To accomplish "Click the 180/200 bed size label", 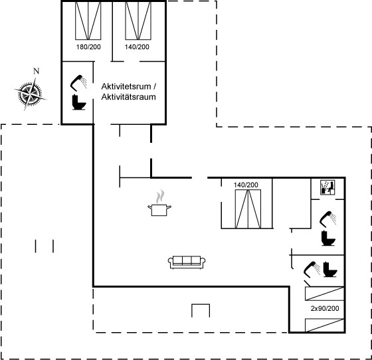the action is click(x=88, y=46).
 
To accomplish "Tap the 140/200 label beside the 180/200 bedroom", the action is click(x=137, y=46).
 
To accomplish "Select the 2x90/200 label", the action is click(x=325, y=308).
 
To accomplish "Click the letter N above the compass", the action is click(x=36, y=71).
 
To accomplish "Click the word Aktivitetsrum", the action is click(x=126, y=86).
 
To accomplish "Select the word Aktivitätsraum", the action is click(x=128, y=97).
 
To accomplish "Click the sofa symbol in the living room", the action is click(x=187, y=262).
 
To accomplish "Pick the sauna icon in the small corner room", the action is click(x=327, y=187).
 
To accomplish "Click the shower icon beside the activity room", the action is click(x=78, y=83).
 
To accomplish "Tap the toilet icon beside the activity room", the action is click(x=79, y=102).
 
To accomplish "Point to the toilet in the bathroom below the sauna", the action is click(x=329, y=238).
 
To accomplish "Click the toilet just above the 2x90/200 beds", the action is click(x=330, y=269).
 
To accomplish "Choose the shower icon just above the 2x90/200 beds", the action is click(x=312, y=270).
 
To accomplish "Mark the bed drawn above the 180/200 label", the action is click(x=88, y=21).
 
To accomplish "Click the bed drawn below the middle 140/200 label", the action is click(x=248, y=209).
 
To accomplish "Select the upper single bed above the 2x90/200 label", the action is click(x=324, y=294).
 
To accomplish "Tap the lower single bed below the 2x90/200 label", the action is click(x=324, y=325).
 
